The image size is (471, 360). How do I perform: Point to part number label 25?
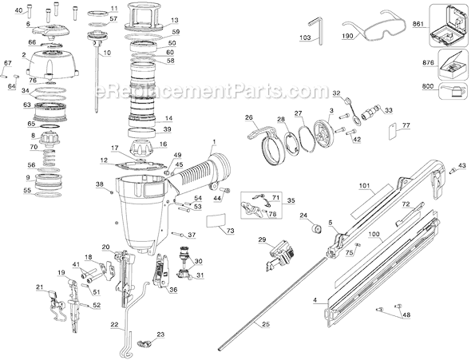point(266,324)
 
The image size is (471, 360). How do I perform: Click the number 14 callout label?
point(168,118)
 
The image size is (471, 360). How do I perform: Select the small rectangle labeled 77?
point(391,131)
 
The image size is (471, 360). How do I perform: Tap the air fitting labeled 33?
point(370,113)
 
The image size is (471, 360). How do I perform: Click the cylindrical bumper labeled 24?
point(315,229)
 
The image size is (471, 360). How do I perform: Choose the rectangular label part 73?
point(216,220)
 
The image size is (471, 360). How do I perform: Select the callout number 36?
point(173,290)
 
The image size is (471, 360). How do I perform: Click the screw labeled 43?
point(453,171)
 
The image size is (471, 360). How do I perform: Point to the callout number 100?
point(375,234)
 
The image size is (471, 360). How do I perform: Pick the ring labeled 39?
point(141,133)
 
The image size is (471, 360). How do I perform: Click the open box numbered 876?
point(452,64)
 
